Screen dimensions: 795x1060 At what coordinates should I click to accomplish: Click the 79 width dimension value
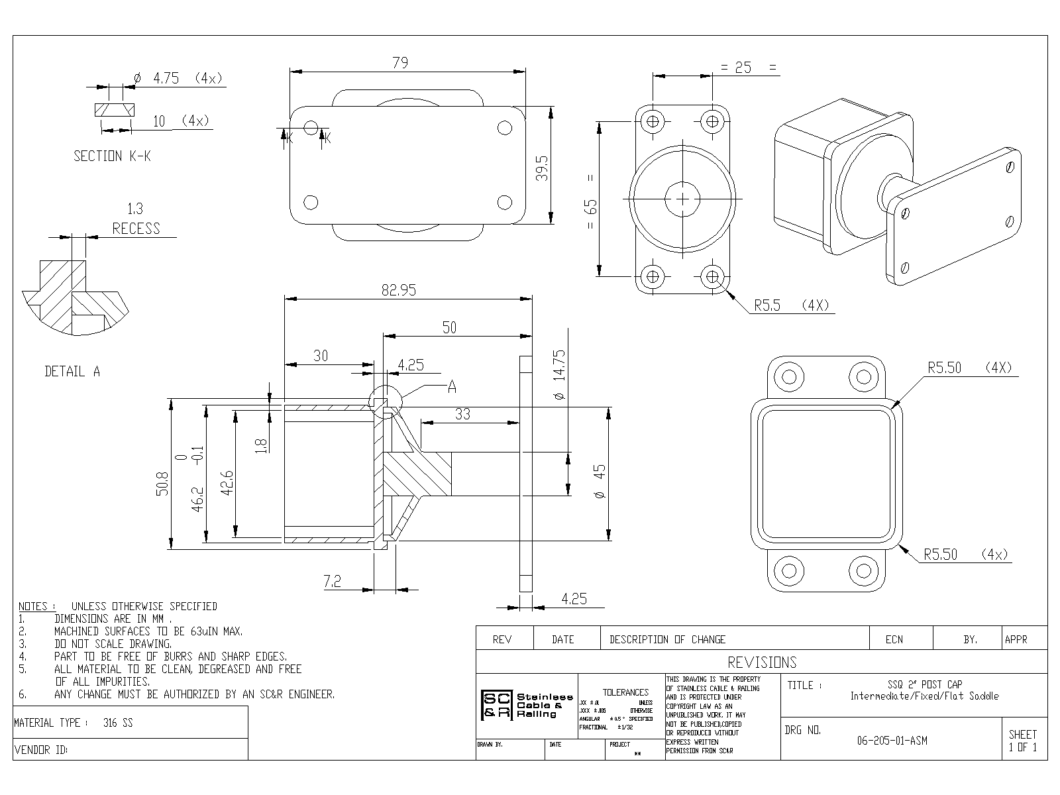(400, 63)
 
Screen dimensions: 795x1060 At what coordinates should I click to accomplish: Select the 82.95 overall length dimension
(399, 290)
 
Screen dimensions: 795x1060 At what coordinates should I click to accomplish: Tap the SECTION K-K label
(112, 156)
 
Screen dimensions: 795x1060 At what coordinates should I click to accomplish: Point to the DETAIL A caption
(72, 372)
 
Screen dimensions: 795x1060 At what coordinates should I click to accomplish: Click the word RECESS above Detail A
(136, 229)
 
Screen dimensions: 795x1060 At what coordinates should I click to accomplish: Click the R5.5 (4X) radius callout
(791, 305)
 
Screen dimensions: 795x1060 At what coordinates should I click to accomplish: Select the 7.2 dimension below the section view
(333, 582)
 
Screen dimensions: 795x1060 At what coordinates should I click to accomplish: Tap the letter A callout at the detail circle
(452, 387)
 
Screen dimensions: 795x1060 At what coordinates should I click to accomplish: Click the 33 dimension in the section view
(462, 414)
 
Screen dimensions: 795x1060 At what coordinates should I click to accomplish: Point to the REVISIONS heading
(762, 662)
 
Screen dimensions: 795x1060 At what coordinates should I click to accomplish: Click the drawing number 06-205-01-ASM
(892, 741)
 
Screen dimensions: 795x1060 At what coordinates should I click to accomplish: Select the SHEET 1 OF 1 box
(1023, 740)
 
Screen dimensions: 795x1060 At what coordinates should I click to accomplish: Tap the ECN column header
(894, 639)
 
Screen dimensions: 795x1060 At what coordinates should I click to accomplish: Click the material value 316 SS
(118, 723)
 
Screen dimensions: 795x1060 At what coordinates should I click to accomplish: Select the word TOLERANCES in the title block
(625, 692)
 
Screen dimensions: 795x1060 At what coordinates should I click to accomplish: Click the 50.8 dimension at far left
(163, 483)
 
